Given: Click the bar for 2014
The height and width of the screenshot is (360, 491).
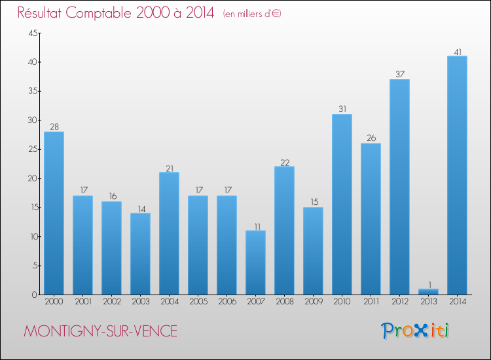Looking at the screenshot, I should [457, 175].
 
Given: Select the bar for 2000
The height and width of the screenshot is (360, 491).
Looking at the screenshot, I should [54, 213].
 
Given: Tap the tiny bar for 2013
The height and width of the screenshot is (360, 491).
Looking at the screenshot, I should [428, 291].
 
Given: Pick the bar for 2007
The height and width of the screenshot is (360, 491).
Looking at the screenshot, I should [255, 262].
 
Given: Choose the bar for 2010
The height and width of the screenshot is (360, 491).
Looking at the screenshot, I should [342, 204].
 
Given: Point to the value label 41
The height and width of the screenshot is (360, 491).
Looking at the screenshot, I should [457, 51].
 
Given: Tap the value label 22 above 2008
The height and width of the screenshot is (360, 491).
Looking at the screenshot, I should [284, 162].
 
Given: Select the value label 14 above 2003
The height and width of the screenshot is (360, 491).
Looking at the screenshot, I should [140, 208].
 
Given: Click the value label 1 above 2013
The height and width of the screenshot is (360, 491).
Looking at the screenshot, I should [428, 284].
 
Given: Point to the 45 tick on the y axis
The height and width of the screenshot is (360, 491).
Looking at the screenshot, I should [31, 33].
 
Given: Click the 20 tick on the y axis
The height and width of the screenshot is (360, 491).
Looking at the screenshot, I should [31, 179].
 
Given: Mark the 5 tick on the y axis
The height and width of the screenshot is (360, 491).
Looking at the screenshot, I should [33, 266].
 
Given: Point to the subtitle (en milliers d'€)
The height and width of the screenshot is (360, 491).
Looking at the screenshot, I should [252, 14].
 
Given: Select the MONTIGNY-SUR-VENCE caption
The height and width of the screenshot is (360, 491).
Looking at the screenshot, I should [100, 331].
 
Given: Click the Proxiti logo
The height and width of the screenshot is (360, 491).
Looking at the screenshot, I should [415, 331].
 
